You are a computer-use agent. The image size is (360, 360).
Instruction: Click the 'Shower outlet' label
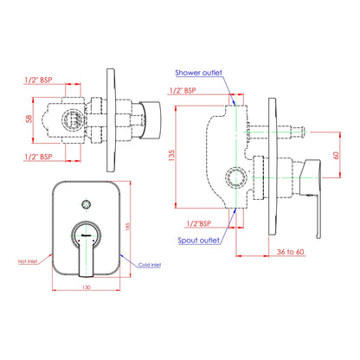[198, 73]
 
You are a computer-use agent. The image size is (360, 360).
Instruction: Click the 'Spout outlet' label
[198, 241]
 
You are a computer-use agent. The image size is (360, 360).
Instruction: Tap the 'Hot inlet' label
[28, 261]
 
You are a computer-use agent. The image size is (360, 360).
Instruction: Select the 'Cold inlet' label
[150, 265]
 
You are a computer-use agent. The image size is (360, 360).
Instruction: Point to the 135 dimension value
[172, 156]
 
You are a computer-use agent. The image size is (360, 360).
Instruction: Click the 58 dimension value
[29, 119]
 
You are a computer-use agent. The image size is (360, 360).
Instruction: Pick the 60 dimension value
[336, 155]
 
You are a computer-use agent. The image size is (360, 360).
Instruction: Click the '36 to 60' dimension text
[291, 252]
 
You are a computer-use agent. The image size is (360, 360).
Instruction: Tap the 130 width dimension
[87, 287]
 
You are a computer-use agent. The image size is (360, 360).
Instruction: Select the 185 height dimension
[128, 226]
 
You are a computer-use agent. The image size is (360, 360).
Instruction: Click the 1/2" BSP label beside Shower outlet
[183, 91]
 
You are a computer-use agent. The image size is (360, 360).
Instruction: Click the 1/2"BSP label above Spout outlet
[199, 223]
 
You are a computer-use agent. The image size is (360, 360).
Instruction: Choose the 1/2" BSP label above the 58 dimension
[38, 80]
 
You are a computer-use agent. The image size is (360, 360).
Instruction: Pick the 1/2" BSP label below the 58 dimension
[38, 157]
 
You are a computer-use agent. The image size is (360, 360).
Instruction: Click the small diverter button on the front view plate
[86, 204]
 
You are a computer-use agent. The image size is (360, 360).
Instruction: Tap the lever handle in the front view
[86, 254]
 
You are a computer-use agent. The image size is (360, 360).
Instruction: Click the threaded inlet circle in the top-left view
[73, 119]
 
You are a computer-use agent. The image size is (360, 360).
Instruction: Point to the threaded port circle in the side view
[236, 177]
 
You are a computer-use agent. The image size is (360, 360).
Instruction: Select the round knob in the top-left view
[151, 120]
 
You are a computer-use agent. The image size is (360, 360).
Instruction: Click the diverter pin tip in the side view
[301, 132]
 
